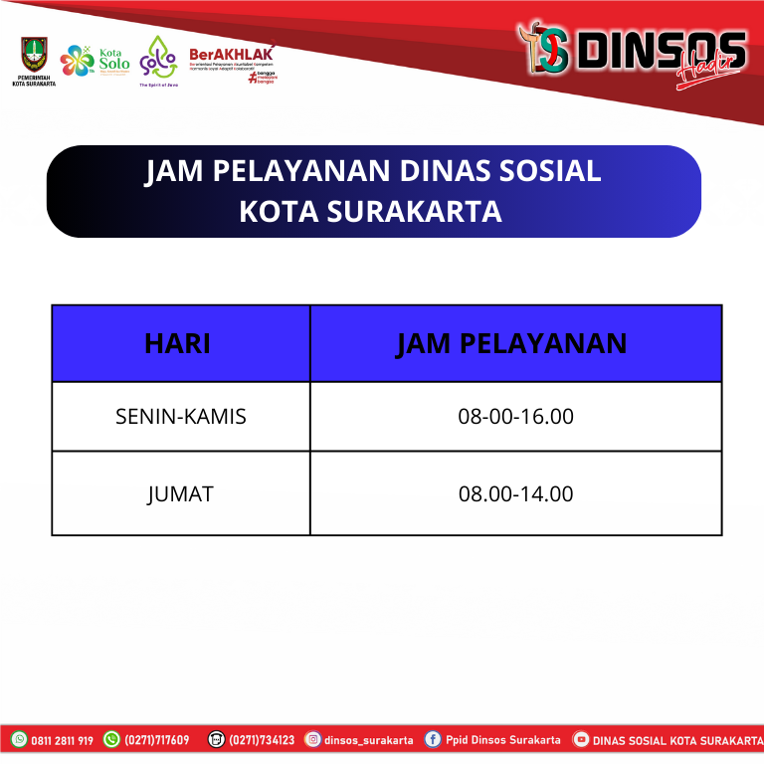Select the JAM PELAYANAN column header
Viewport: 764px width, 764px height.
tap(511, 343)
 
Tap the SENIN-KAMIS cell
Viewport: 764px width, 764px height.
tap(180, 416)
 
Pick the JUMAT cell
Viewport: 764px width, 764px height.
tap(180, 493)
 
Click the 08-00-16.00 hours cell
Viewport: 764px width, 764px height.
tap(515, 416)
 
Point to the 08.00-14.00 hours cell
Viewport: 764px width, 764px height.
tap(515, 493)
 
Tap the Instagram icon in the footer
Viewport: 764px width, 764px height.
tap(312, 740)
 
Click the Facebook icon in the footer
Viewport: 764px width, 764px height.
tap(433, 740)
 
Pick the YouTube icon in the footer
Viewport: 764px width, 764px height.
tap(581, 740)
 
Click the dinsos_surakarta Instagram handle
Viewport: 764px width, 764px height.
tap(368, 740)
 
